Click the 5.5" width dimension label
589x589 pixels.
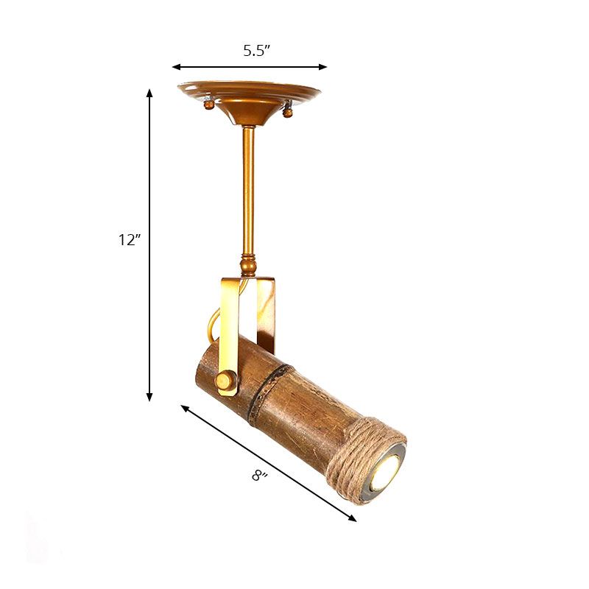pyautogui.click(x=257, y=51)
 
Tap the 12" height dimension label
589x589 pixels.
pyautogui.click(x=127, y=240)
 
